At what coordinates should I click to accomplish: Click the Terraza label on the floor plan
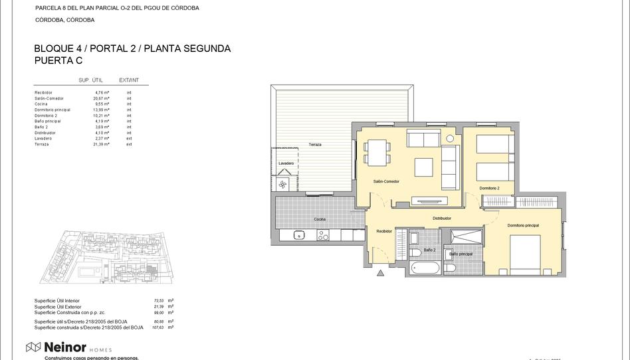tap(315, 144)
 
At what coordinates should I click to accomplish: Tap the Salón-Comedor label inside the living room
tap(385, 181)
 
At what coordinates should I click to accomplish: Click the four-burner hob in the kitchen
tap(323, 234)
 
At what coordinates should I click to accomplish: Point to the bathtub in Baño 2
tap(425, 268)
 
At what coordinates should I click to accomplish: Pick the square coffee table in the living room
tap(423, 167)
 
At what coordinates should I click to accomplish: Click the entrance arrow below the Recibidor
tap(380, 272)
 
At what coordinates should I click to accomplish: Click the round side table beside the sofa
tap(450, 138)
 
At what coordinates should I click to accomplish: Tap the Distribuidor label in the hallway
tap(442, 218)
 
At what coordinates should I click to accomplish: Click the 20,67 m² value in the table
tap(101, 98)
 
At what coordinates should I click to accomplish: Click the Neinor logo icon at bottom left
tap(33, 347)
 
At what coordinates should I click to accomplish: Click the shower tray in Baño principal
tap(467, 236)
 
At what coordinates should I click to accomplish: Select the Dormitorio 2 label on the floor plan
tap(489, 189)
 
